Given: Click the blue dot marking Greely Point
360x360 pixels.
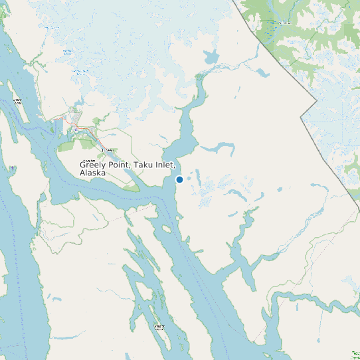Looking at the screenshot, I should click(179, 179).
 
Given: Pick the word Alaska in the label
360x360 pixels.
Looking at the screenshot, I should click(92, 173).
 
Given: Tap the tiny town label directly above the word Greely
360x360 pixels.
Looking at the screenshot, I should click(110, 151).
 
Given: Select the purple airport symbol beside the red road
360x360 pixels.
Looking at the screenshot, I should click(78, 127).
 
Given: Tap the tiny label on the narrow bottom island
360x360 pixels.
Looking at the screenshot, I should click(159, 327).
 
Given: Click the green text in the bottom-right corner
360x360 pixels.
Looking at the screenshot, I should click(355, 353).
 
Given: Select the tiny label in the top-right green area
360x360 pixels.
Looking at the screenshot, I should click(284, 23).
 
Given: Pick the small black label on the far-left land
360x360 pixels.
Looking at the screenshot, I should click(17, 102).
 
